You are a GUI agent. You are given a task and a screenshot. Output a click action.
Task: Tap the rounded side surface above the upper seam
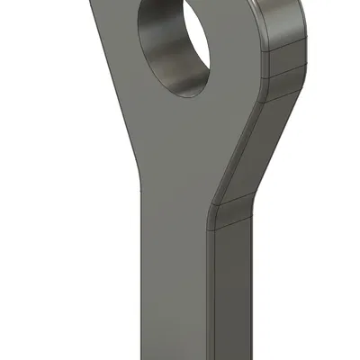click(286, 22)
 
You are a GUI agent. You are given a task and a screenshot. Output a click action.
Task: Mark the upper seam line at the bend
click(229, 199)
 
